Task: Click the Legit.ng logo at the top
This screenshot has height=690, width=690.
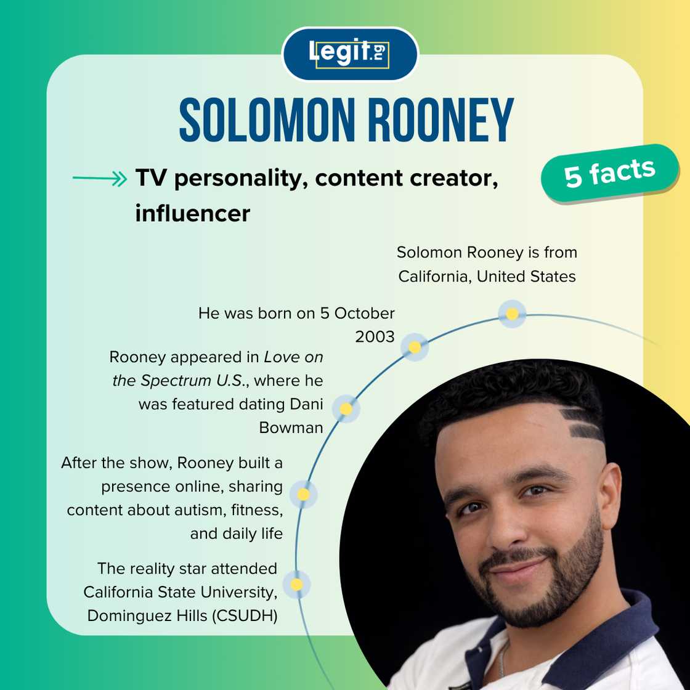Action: coord(349,54)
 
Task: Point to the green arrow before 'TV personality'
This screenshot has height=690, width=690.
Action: coord(99,179)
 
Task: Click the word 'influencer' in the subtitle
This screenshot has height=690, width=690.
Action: coord(192,213)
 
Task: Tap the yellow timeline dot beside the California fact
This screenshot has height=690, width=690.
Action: coord(511,314)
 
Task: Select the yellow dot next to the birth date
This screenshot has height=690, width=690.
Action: coord(415,347)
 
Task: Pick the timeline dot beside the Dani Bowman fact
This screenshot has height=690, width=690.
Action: coord(346,408)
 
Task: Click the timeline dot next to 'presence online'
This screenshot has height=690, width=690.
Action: coord(303,494)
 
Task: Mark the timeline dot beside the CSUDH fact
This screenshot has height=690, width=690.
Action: coord(296,584)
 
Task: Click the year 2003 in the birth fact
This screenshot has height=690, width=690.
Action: coord(375,337)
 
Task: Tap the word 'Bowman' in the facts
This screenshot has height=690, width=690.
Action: coord(291,427)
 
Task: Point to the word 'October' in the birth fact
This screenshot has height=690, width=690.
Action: coord(365,313)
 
